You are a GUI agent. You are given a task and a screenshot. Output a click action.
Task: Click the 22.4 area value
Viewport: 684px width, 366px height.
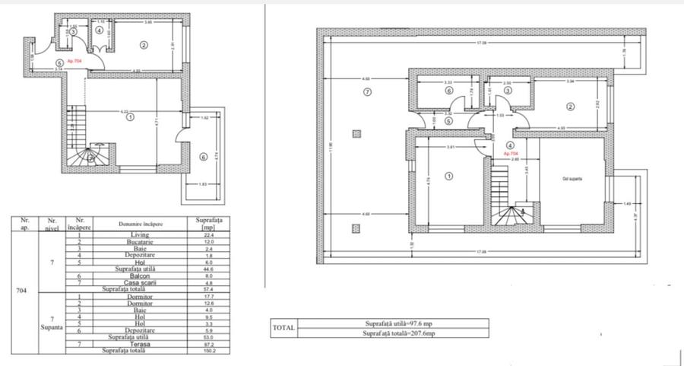point(201,235)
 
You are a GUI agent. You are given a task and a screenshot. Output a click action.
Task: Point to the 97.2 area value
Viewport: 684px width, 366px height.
point(201,344)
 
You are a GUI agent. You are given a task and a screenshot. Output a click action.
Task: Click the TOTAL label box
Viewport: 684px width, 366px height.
point(283,328)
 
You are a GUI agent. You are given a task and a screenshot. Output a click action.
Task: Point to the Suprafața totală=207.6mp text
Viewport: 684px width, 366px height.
point(393,333)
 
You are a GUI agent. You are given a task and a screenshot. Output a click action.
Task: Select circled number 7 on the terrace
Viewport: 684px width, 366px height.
point(367,92)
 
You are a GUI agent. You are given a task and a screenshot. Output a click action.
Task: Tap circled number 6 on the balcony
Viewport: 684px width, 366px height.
point(202,158)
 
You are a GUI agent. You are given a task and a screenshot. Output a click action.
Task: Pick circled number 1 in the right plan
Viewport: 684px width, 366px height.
point(448,176)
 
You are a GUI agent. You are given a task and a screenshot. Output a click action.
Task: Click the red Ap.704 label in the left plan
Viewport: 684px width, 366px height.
point(74,60)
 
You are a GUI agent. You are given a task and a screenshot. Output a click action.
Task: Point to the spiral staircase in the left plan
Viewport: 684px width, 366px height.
point(91,157)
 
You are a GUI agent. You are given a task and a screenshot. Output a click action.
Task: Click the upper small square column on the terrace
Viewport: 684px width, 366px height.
point(356,133)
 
